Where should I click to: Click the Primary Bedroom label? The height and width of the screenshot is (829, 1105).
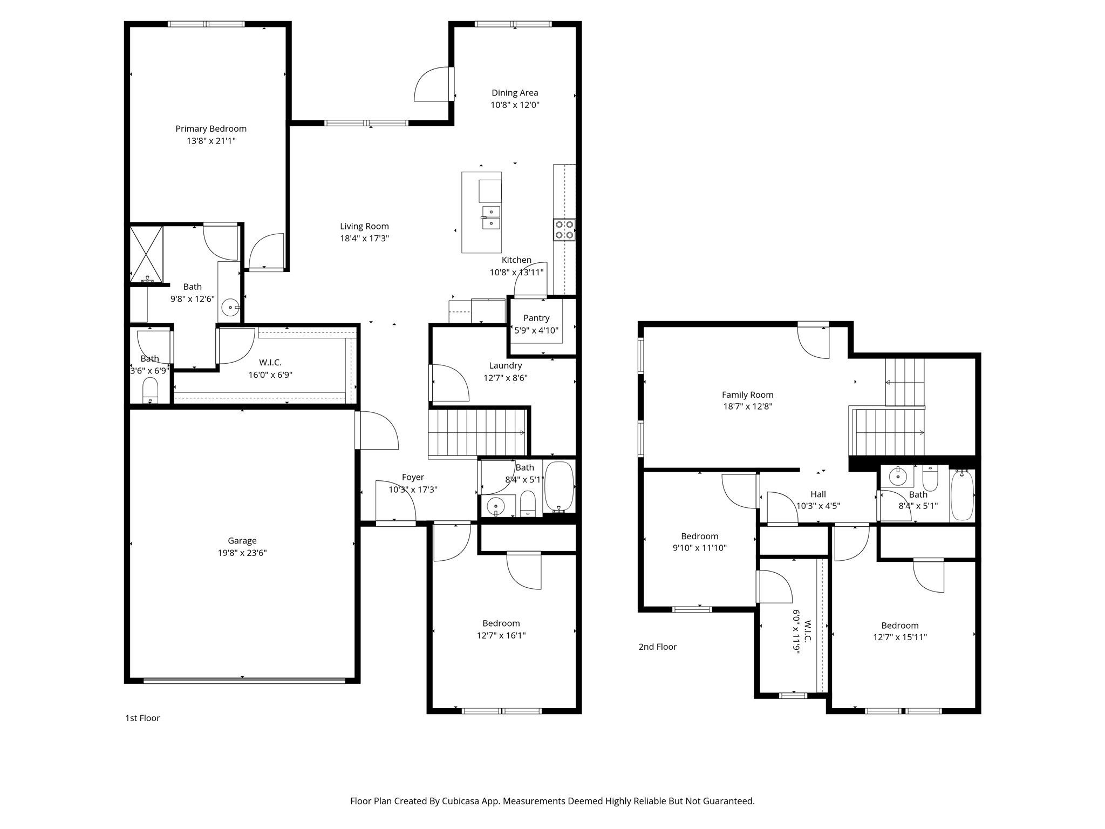click(x=211, y=128)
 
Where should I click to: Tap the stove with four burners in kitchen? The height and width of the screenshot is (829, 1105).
click(x=564, y=229)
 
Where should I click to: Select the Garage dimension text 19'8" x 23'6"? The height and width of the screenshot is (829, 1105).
click(x=242, y=553)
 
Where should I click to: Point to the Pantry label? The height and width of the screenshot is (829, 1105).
click(x=536, y=318)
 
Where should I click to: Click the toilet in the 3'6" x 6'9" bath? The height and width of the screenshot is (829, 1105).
click(x=150, y=390)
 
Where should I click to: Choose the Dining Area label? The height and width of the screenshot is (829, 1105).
click(x=515, y=93)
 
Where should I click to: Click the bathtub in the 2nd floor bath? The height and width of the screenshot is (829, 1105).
click(x=962, y=495)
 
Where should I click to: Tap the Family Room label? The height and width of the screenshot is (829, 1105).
click(x=747, y=395)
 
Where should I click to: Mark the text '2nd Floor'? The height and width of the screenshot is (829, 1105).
click(x=657, y=647)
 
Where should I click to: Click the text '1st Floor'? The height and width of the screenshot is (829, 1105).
click(x=142, y=718)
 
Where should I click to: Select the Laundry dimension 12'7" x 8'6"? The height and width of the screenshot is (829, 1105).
click(x=506, y=378)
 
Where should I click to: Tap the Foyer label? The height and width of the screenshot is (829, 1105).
click(x=413, y=477)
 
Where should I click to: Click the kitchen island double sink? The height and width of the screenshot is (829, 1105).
click(x=491, y=218)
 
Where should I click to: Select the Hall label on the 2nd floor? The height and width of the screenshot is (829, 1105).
click(x=818, y=494)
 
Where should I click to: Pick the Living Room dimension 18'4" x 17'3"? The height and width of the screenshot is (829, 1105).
click(x=364, y=238)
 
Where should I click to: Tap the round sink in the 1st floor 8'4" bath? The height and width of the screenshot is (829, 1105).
click(x=495, y=506)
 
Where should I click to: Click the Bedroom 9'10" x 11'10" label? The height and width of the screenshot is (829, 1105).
click(x=699, y=536)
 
